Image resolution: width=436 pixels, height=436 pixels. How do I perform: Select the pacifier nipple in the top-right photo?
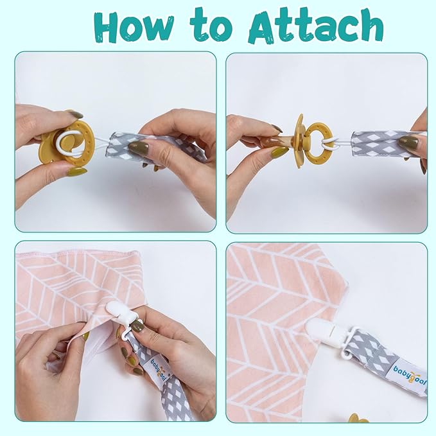[x=278, y=140]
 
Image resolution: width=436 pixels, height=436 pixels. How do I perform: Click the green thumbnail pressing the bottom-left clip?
[x=135, y=326]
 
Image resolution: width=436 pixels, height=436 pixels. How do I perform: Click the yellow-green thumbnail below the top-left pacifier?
[x=76, y=171]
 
